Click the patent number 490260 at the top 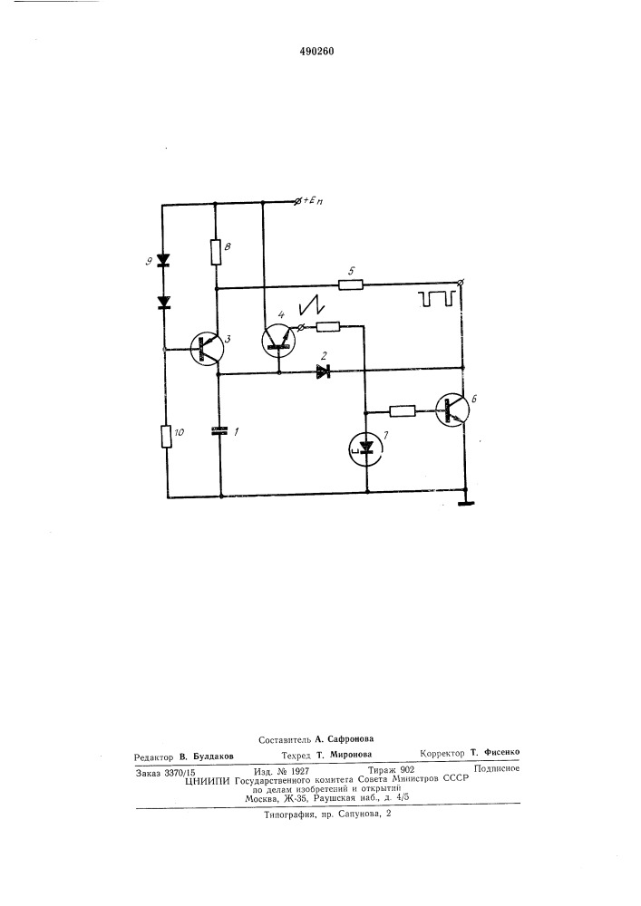[316, 52]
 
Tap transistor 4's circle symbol [278, 341]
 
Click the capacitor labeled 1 [220, 429]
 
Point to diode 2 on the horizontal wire [323, 372]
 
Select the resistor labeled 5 [350, 284]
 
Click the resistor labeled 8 [216, 251]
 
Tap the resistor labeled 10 [167, 437]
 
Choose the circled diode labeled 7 [366, 447]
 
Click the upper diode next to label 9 [164, 259]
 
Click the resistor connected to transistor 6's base [403, 411]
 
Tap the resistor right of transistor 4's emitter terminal [328, 327]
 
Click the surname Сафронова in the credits [350, 738]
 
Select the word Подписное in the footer [497, 768]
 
